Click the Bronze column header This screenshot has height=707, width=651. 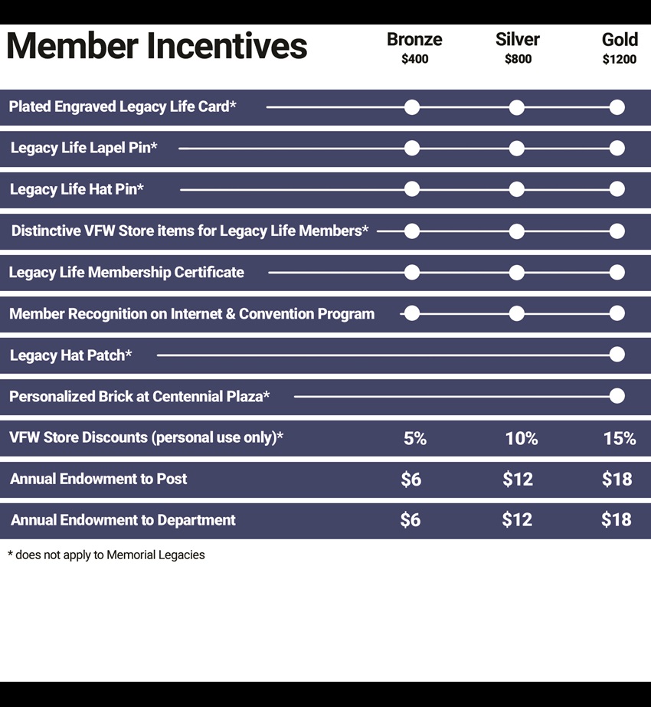pos(414,40)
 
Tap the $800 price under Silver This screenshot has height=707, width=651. pos(518,59)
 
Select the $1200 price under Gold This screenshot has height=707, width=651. pos(620,59)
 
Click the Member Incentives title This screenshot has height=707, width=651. pos(157,45)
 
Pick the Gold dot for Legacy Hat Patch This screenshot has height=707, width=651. pos(617,355)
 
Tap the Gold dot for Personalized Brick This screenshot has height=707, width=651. pos(617,396)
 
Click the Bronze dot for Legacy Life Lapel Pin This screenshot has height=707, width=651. pos(411,148)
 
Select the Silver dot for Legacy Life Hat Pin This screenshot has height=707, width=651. pos(517,189)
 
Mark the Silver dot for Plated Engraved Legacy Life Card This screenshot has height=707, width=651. pos(517,107)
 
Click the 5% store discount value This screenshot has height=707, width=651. pos(415,438)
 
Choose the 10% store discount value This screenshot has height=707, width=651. pos(521,438)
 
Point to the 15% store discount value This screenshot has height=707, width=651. pos(620,438)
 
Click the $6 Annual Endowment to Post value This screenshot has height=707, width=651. pos(411,479)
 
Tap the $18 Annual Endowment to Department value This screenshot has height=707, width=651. pos(617,519)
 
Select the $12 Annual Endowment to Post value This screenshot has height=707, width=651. pos(518,479)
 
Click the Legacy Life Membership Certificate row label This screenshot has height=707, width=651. pos(126,273)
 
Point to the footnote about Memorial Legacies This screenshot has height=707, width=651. pos(106,555)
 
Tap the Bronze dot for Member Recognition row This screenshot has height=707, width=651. pos(411,313)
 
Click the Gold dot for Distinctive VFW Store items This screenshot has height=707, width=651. pos(617,231)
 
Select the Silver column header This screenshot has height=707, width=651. pos(518,40)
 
